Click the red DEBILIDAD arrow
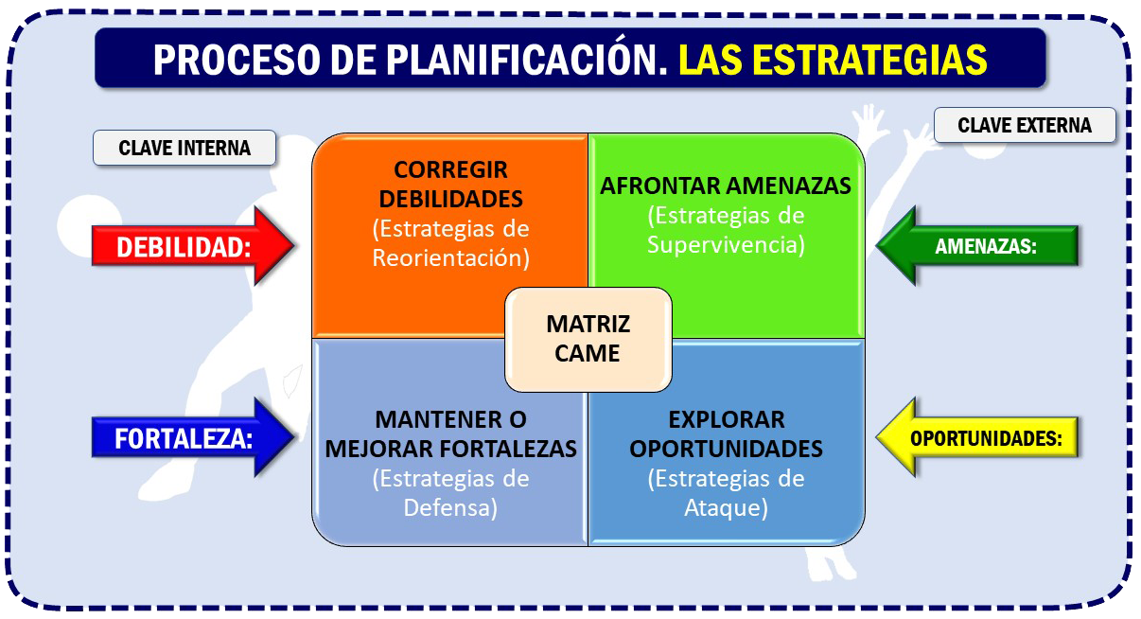click(193, 246)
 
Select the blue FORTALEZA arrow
click(193, 437)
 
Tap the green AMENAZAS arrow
click(977, 246)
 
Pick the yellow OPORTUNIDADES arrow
click(977, 437)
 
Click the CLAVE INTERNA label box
click(184, 148)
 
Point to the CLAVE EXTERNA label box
click(1025, 125)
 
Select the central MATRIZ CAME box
click(588, 339)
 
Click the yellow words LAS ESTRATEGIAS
click(833, 60)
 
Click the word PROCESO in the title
click(237, 60)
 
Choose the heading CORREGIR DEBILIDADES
click(450, 184)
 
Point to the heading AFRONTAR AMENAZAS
click(726, 186)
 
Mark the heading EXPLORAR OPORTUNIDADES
click(726, 434)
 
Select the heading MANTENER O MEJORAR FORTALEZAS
click(450, 434)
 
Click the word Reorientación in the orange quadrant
click(450, 257)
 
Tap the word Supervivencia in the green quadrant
click(726, 244)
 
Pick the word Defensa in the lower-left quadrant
click(450, 507)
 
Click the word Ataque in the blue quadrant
click(726, 507)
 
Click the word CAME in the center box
click(588, 353)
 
